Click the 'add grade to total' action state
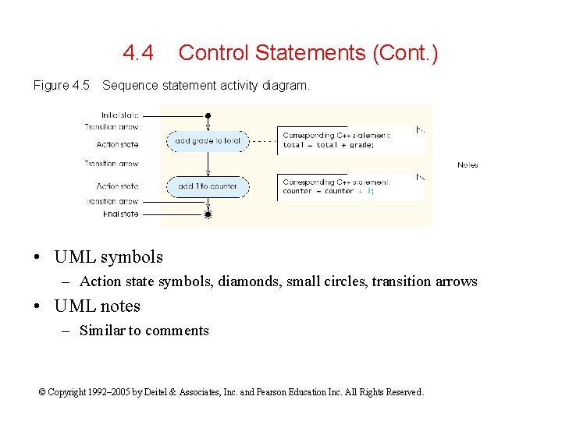(208, 141)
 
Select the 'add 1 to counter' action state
(208, 186)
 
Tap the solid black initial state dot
(208, 115)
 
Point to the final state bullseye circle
(208, 214)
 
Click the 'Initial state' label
(119, 115)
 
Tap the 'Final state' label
(121, 214)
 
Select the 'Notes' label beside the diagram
(468, 165)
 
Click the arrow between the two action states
(208, 164)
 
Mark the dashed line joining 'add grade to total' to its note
(263, 141)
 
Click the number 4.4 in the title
(138, 53)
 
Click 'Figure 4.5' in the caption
(62, 86)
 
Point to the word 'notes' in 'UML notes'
(116, 306)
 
